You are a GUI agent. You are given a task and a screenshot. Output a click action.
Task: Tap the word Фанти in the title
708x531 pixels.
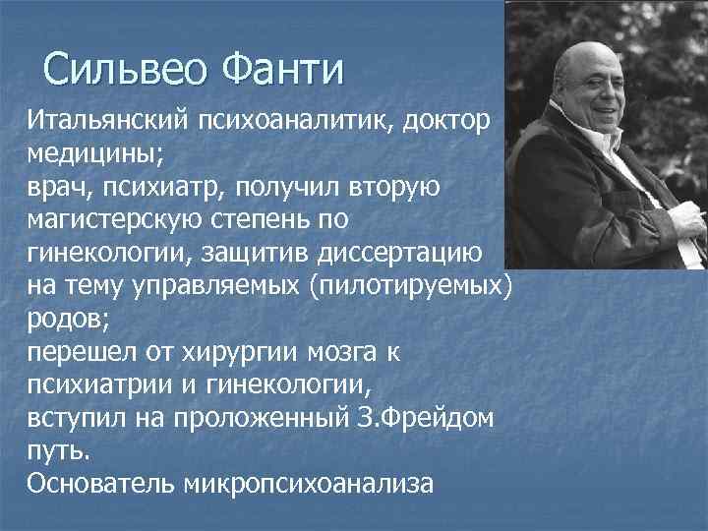[284, 70]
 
